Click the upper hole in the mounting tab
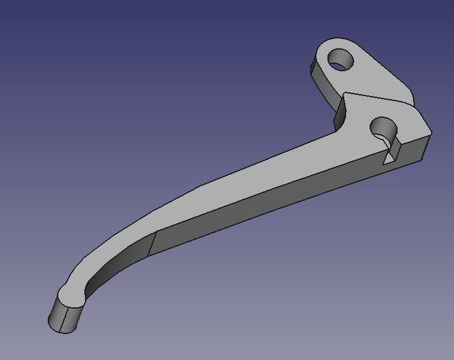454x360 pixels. click(340, 60)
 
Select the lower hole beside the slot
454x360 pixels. click(383, 128)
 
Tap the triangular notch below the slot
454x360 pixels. click(388, 159)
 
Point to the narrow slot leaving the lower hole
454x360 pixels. click(390, 146)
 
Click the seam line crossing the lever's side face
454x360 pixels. click(151, 244)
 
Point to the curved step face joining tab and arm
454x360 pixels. click(340, 114)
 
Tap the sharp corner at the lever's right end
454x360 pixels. click(430, 133)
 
